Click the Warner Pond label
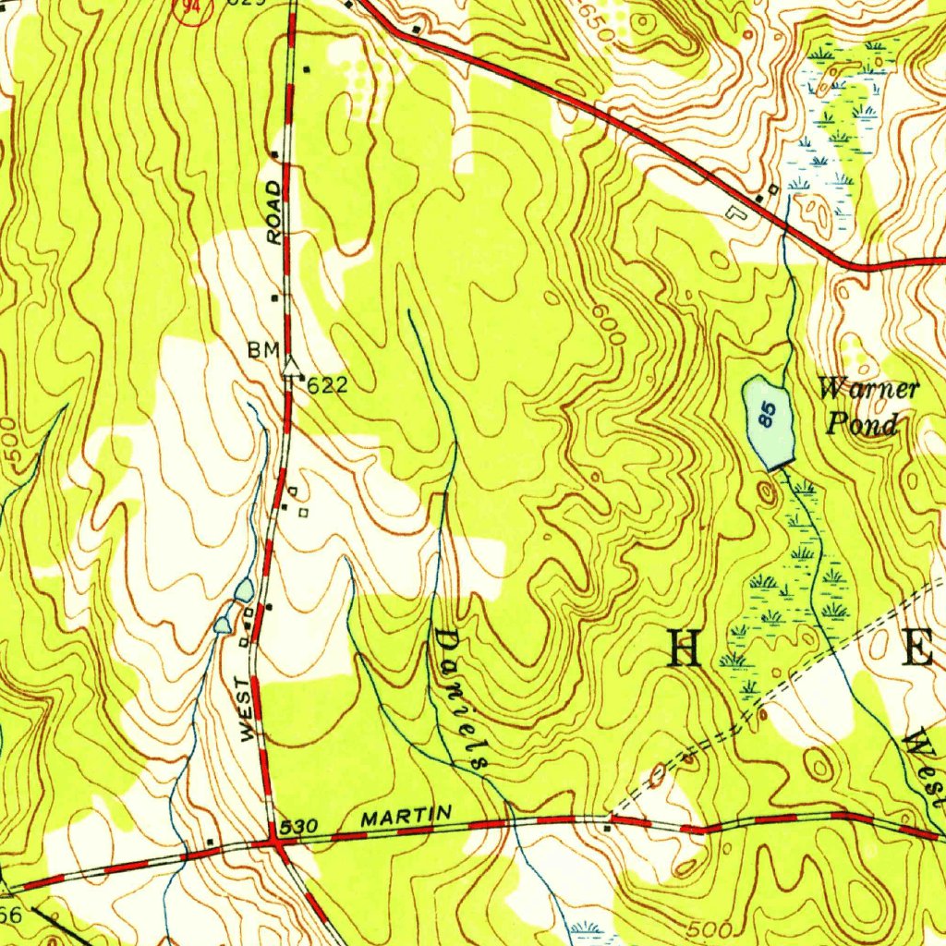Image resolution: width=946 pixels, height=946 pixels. pos(867,406)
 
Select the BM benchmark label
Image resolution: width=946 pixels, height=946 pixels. pos(261,351)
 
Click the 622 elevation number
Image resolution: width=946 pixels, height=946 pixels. pos(327,386)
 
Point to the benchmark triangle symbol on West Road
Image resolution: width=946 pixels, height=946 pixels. pos(292,367)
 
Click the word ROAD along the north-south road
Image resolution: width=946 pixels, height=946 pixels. pos(274,212)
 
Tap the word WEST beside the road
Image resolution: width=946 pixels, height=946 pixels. pos(246,709)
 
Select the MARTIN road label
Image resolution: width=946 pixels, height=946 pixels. pos(406,816)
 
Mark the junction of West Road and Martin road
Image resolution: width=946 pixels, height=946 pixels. pos(274,842)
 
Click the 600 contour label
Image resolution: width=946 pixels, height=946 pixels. pos(610,326)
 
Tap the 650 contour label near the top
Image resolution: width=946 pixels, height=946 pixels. pos(597,21)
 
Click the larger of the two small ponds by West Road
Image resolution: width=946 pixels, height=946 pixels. pos(244,588)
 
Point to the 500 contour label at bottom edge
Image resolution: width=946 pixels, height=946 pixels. pos(710,928)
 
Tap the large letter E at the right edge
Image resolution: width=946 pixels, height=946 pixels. pos(917,647)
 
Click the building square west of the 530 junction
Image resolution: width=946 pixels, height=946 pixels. pos(211,841)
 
